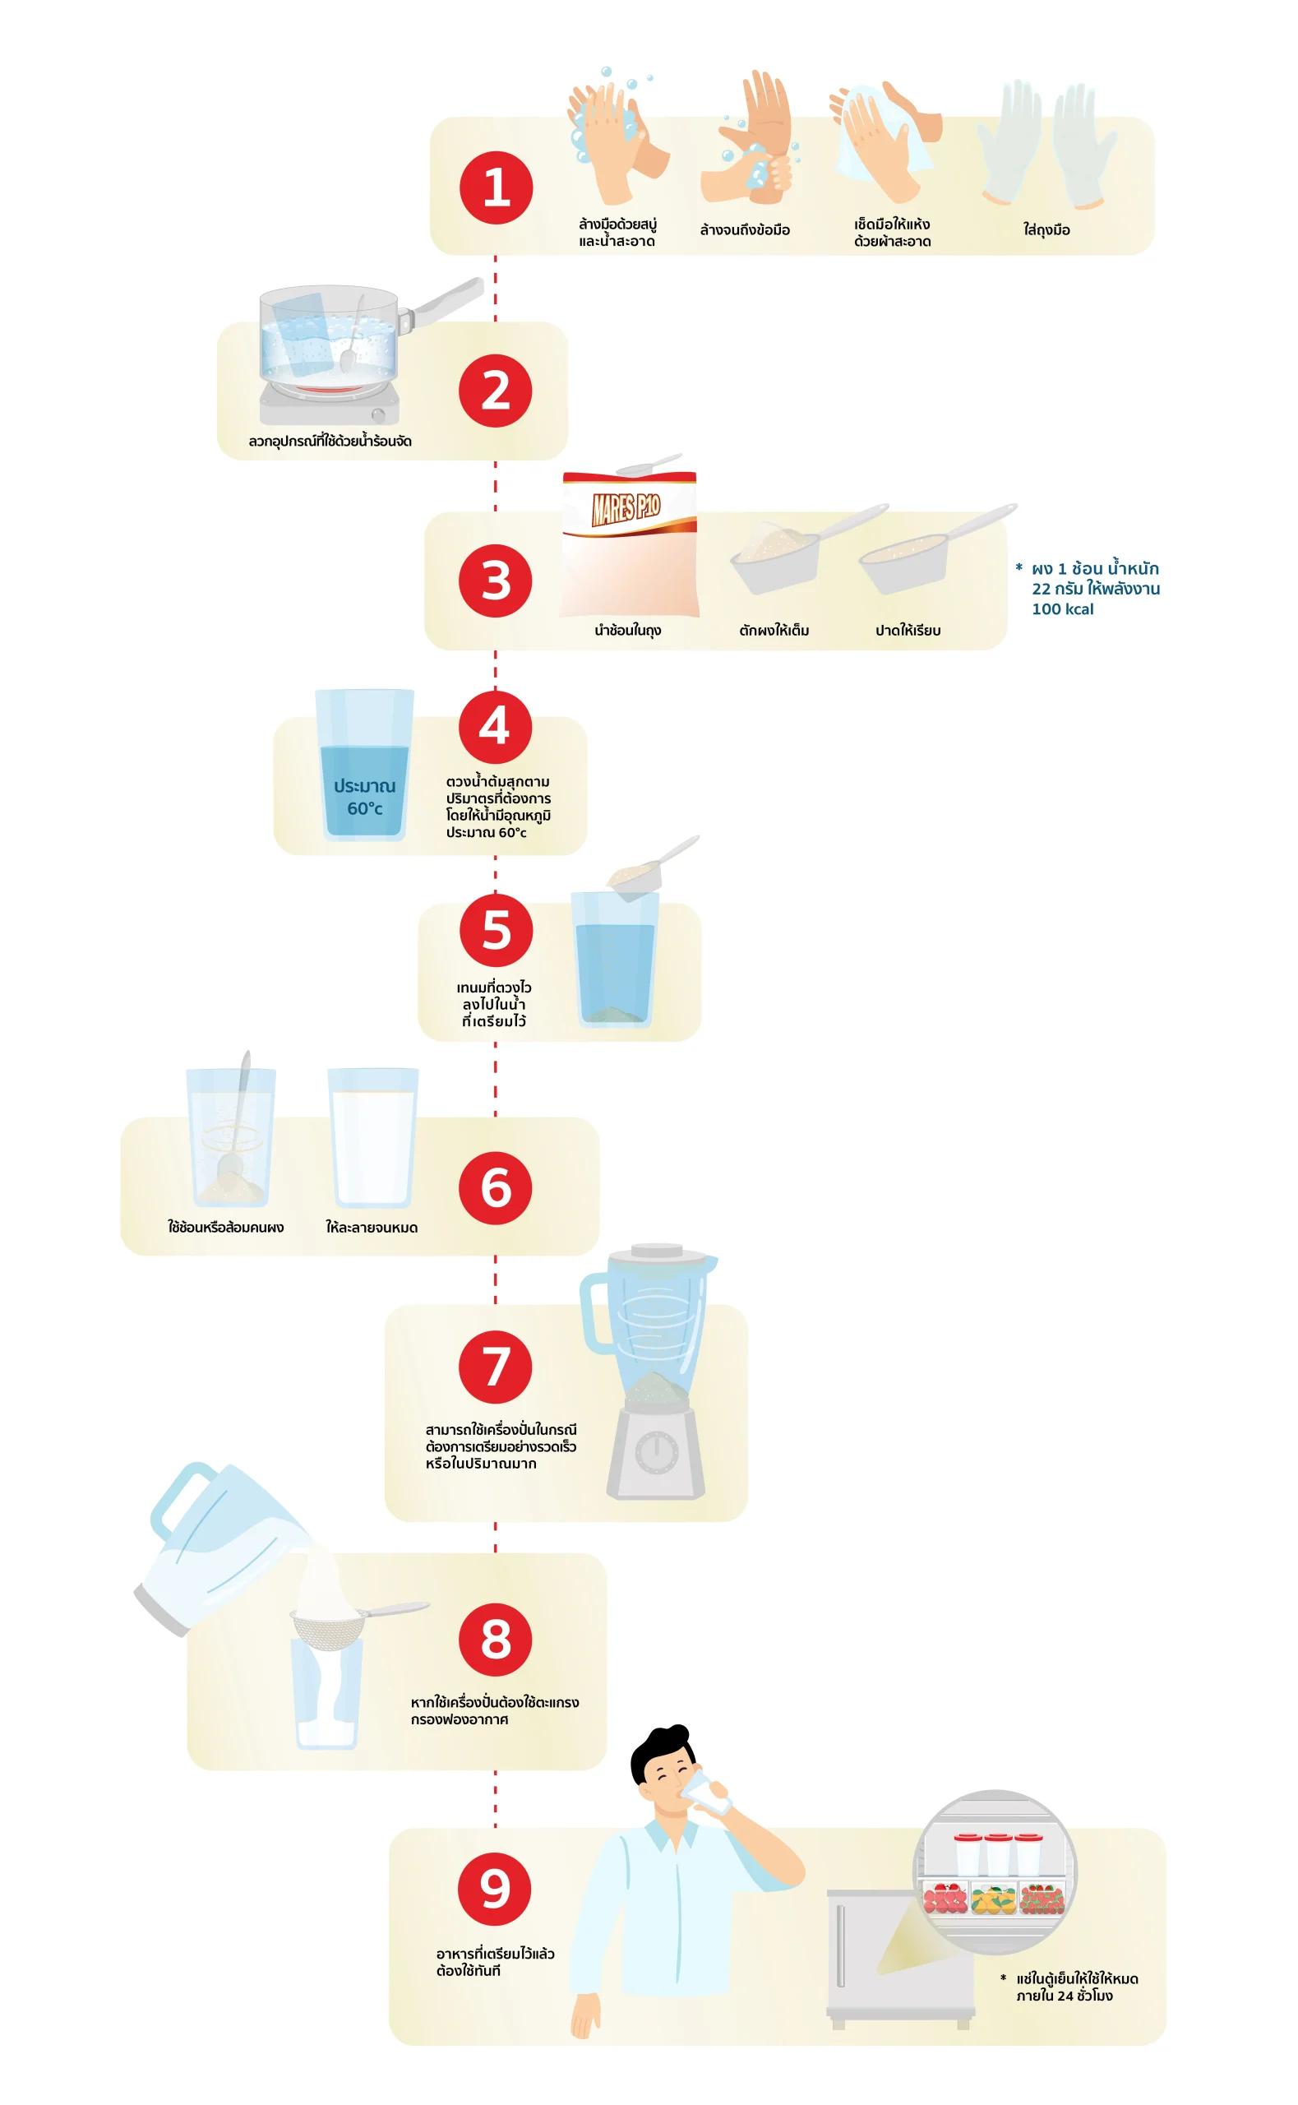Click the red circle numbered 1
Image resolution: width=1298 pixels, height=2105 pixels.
(497, 188)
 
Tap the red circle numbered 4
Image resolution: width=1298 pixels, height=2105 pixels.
(496, 727)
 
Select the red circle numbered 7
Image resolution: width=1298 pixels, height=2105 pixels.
(496, 1367)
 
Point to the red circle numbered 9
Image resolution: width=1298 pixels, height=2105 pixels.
(495, 1889)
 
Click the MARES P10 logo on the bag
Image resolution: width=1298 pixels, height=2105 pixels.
(626, 507)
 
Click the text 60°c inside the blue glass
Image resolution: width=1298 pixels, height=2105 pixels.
(365, 808)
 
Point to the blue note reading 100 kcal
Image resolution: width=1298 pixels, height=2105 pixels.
(1063, 608)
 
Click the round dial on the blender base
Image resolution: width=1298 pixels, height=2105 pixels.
(657, 1453)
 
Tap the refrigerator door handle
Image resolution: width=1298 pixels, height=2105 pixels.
(840, 1946)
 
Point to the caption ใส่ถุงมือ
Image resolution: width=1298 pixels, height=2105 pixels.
(1046, 230)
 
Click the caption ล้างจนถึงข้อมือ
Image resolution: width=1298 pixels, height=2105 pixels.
(745, 230)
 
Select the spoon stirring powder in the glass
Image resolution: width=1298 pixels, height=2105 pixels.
(234, 1120)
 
